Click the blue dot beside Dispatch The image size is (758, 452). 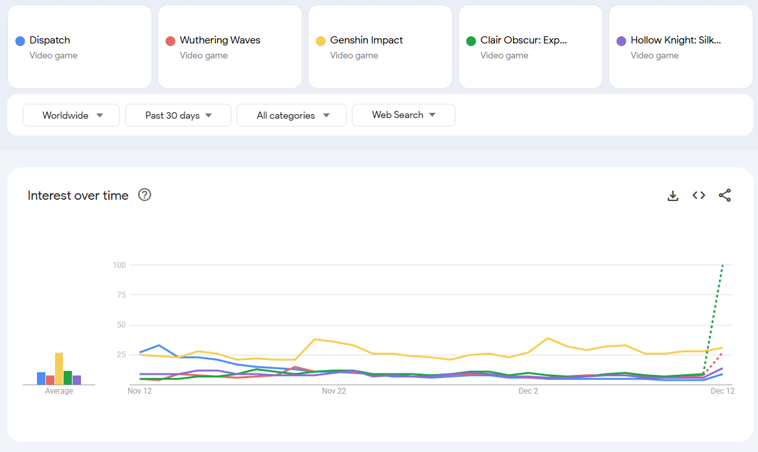[20, 41]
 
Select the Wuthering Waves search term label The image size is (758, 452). [220, 40]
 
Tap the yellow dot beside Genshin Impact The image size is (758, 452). [321, 41]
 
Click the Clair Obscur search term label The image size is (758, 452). [523, 40]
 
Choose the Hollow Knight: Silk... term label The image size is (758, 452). [676, 40]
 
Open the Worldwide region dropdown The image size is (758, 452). [71, 115]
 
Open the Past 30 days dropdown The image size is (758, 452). [178, 115]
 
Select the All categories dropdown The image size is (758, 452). [292, 115]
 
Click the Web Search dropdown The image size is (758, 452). [403, 115]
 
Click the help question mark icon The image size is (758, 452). [144, 195]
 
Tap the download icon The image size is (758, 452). [673, 195]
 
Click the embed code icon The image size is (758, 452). [698, 195]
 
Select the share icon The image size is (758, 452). [725, 195]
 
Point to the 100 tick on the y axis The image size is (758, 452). [119, 265]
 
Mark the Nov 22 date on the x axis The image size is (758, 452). [334, 391]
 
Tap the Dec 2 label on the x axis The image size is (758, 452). [528, 391]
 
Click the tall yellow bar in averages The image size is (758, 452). [59, 368]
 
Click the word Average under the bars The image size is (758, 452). [59, 391]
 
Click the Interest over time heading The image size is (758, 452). [78, 195]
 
